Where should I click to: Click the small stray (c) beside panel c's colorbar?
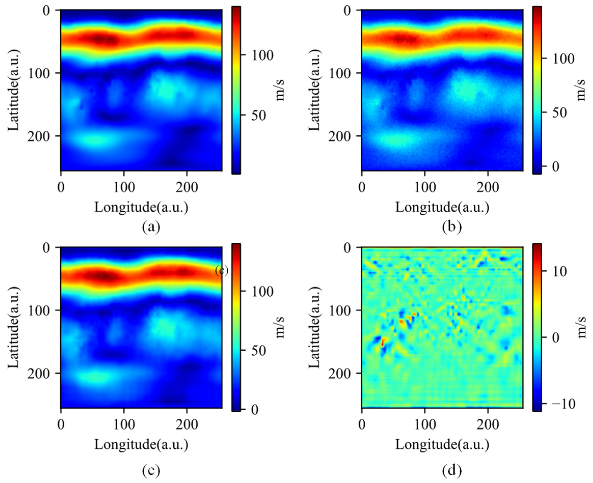click(x=222, y=270)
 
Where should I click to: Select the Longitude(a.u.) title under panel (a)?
click(x=141, y=207)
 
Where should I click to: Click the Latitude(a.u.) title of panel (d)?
click(x=314, y=328)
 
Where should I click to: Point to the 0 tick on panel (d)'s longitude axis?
click(x=362, y=425)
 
